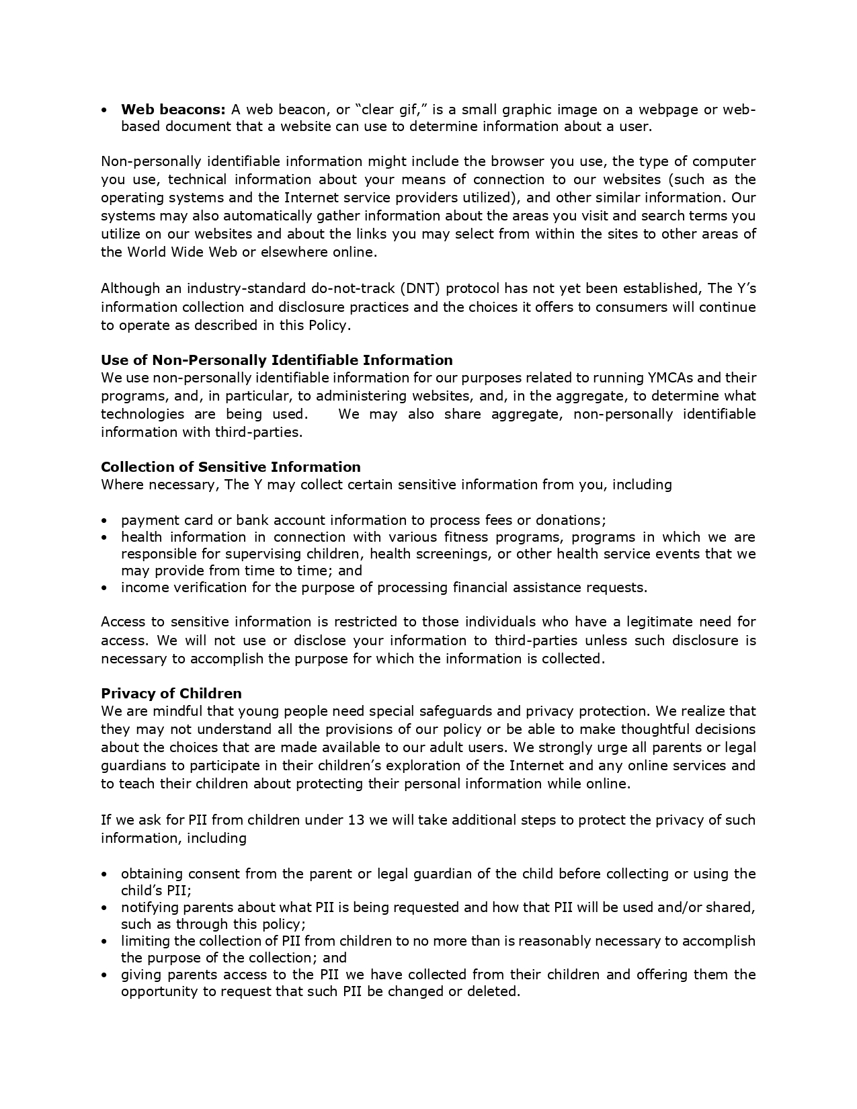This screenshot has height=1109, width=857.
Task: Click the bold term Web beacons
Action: (173, 110)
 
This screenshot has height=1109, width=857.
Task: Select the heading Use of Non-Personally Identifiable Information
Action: (276, 360)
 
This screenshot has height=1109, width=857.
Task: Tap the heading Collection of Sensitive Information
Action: (231, 466)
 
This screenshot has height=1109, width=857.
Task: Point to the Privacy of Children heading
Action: (171, 693)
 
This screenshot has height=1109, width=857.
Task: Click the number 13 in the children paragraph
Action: (356, 820)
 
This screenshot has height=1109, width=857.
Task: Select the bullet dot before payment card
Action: (104, 520)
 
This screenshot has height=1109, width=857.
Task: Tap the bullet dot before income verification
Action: (104, 587)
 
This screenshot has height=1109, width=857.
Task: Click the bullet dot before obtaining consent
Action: (104, 874)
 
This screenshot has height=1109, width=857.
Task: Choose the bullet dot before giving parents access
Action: (104, 975)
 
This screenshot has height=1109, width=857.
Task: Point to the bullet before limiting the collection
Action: (104, 941)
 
